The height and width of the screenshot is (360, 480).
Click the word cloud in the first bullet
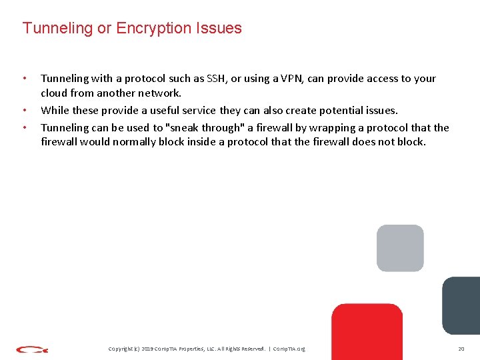(55, 93)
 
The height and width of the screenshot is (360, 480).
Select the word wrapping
(325, 127)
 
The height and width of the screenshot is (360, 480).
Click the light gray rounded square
(400, 248)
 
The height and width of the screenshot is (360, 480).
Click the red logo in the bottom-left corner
(32, 349)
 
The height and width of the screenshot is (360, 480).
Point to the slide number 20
(461, 349)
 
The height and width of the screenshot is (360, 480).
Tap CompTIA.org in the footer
(291, 349)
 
